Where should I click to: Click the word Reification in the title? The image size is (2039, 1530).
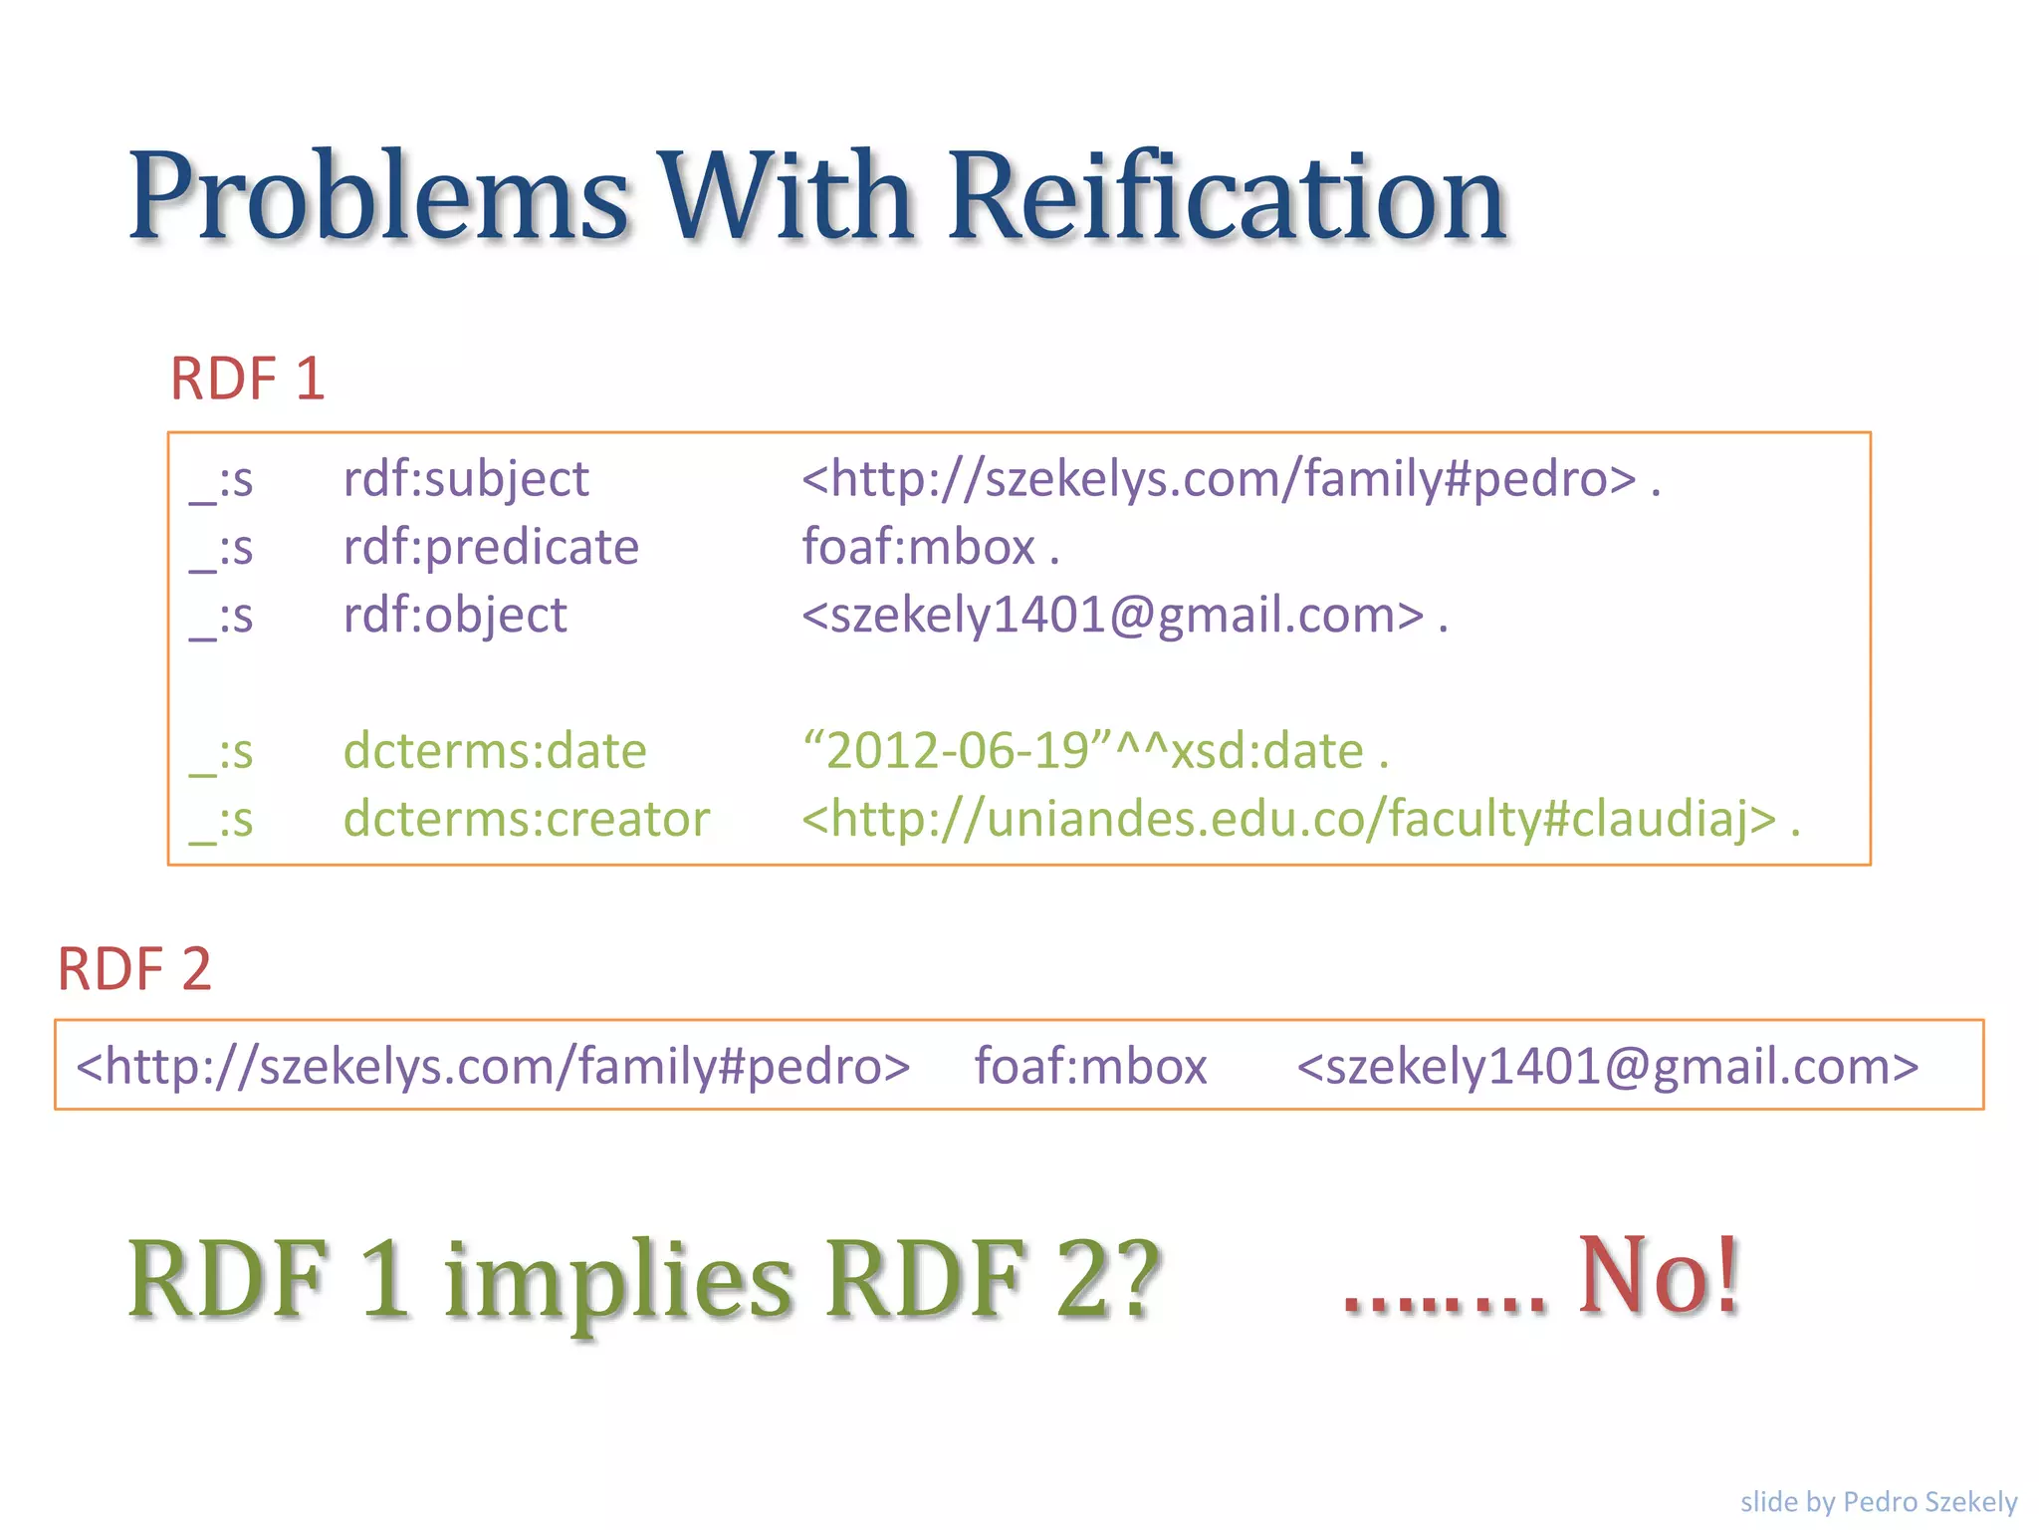click(1227, 196)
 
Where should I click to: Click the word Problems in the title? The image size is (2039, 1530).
click(378, 196)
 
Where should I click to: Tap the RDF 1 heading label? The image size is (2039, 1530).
click(248, 380)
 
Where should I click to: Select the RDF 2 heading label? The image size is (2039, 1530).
click(134, 969)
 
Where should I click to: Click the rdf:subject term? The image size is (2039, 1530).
click(466, 479)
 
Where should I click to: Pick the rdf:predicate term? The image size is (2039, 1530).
click(491, 547)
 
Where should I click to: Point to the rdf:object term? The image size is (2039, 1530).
click(455, 615)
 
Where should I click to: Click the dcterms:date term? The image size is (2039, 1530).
click(495, 751)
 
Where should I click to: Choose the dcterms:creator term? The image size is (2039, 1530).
click(527, 819)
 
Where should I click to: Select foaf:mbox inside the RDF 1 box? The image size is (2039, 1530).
click(919, 547)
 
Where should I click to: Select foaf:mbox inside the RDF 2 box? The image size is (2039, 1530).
click(1090, 1066)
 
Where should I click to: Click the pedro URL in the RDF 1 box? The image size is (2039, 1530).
click(1220, 479)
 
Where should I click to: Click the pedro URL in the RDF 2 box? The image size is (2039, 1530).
click(493, 1066)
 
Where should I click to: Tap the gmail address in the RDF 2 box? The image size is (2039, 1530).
click(1607, 1066)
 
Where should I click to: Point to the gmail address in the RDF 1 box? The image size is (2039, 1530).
click(1113, 615)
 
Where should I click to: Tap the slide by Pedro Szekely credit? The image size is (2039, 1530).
click(1878, 1501)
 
